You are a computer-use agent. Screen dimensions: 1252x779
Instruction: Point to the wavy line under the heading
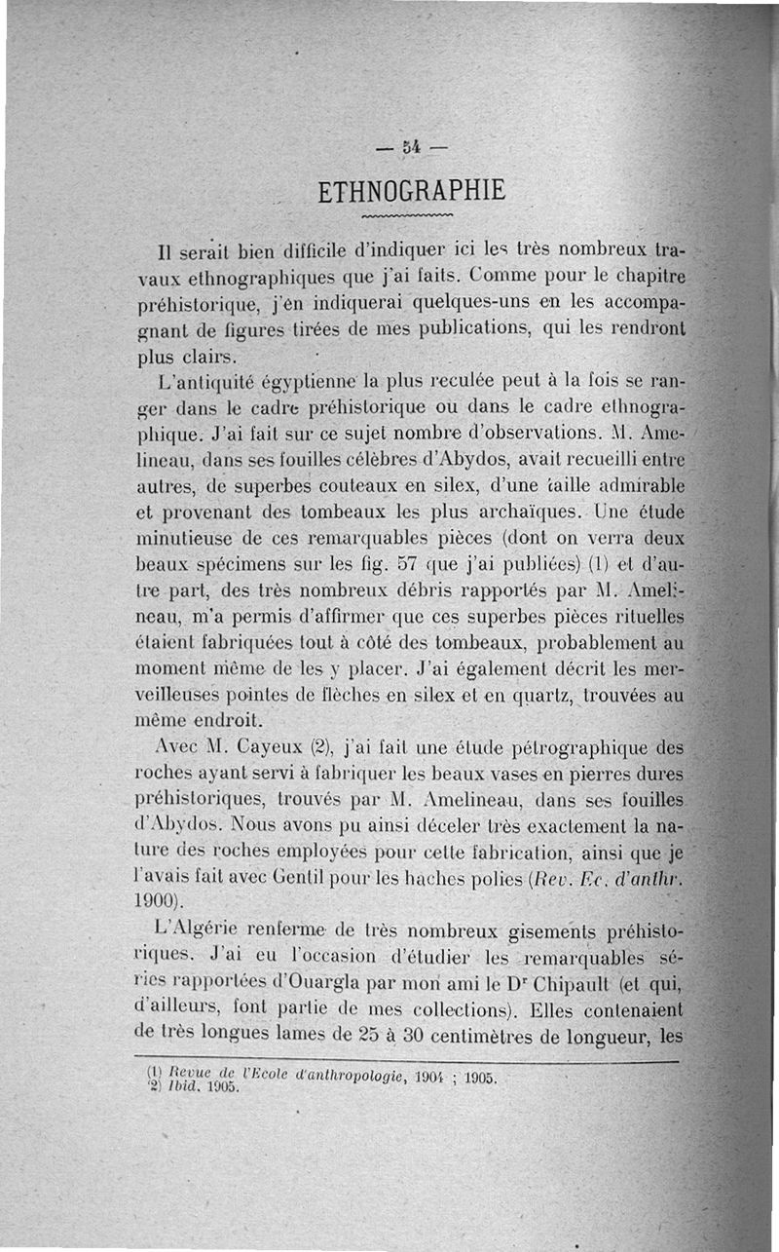coord(407,216)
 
